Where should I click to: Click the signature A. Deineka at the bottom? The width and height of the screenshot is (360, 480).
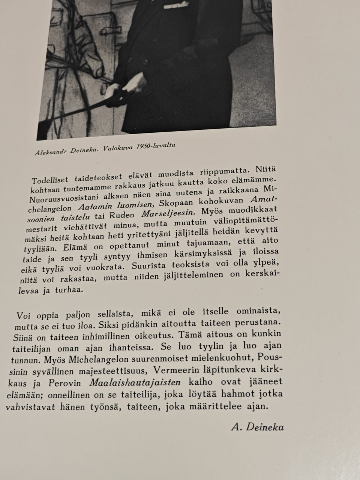258,427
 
